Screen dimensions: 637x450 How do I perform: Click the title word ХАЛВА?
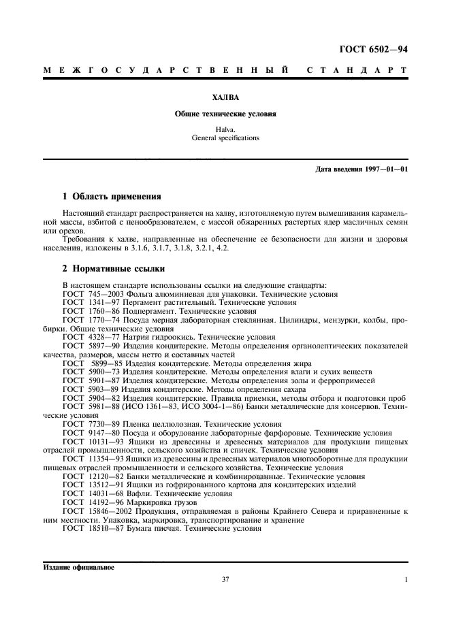pyautogui.click(x=225, y=97)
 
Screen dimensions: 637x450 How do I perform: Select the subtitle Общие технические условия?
pyautogui.click(x=225, y=114)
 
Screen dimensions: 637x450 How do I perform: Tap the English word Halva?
pyautogui.click(x=225, y=129)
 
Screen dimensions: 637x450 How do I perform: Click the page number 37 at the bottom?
pyautogui.click(x=225, y=580)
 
